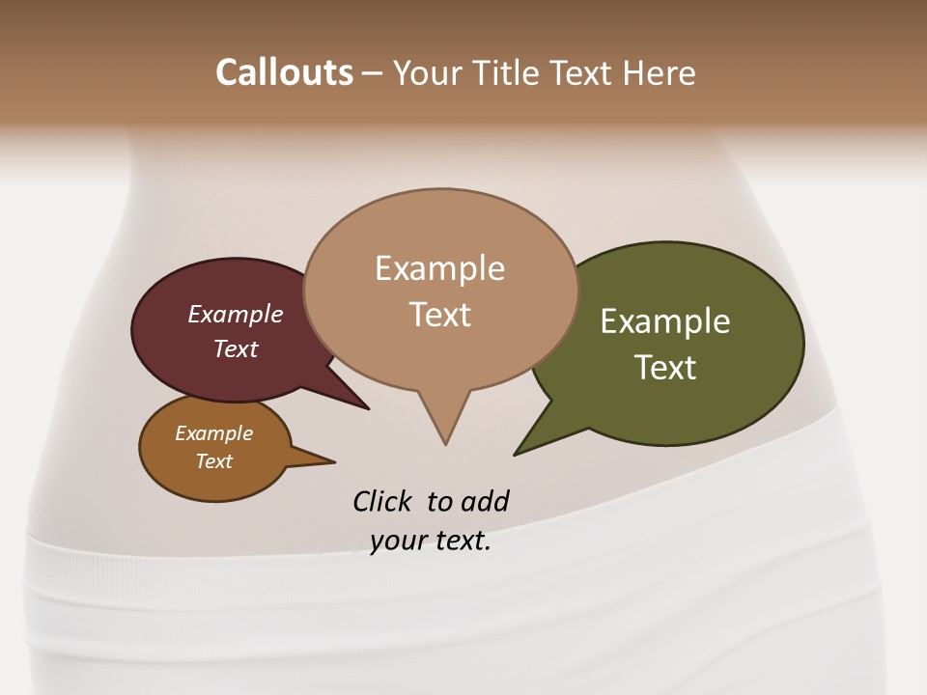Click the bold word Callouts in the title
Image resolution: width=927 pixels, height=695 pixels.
point(284,72)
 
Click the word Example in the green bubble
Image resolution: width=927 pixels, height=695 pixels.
point(665,321)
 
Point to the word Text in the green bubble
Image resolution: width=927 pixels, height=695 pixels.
point(665,368)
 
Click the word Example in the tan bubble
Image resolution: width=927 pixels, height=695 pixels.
point(439,268)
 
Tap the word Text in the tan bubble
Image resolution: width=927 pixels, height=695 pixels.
point(440,315)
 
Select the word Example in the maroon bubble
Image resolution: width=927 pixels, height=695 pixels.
point(235,314)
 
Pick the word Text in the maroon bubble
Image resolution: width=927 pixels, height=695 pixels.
point(236,348)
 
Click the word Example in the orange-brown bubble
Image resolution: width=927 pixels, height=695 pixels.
point(213,433)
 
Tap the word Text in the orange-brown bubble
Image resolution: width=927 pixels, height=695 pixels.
point(213,461)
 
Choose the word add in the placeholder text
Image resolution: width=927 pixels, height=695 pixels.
point(485,501)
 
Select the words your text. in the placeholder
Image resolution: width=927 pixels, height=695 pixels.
point(431,542)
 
